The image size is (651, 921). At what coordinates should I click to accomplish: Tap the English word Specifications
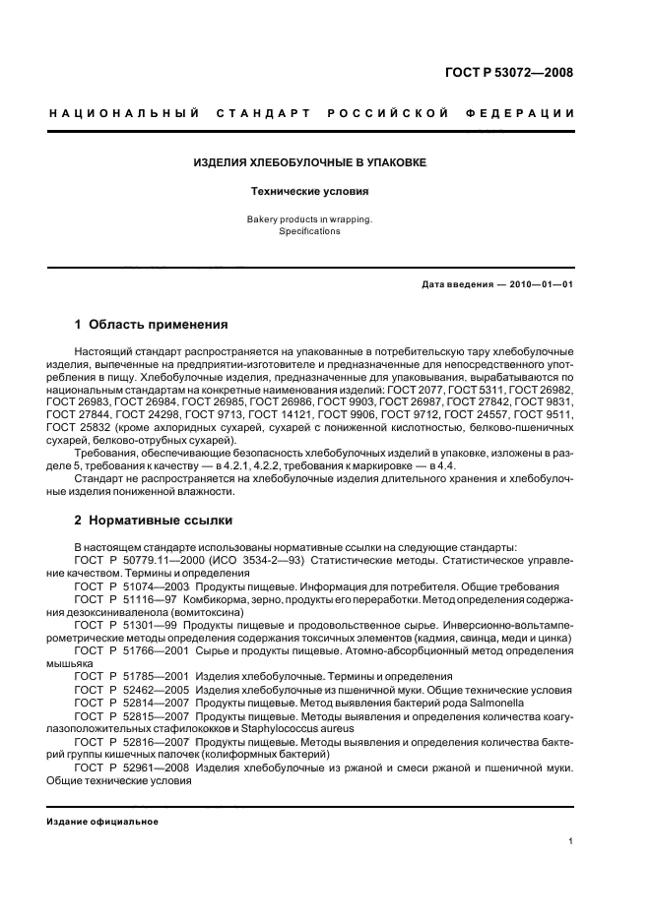coord(309,232)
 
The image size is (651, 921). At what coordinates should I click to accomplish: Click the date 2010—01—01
coord(540,284)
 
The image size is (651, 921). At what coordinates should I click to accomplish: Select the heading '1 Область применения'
coord(152,324)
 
